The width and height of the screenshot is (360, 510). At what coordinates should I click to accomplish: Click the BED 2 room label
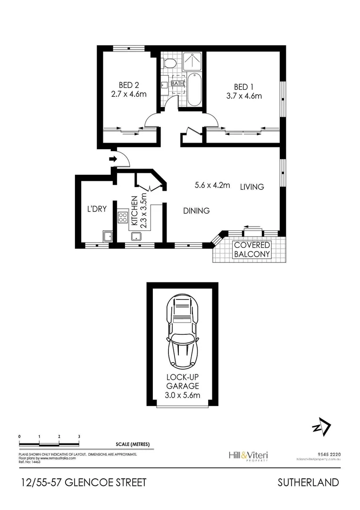pos(129,85)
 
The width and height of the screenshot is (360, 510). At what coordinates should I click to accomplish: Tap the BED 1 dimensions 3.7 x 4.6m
pos(244,96)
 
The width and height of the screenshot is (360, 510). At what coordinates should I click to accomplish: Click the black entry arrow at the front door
pos(113,159)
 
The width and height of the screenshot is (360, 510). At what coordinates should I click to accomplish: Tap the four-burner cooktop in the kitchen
pos(123,217)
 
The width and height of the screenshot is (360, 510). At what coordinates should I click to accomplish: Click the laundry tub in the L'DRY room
pos(108,236)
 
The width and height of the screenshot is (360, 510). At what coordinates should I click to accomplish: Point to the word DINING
pos(196,211)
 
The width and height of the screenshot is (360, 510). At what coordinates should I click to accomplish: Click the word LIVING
pos(251,187)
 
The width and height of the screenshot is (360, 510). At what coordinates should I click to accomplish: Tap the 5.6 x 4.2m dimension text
pos(212,185)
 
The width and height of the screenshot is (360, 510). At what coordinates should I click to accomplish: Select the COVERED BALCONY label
pos(252,249)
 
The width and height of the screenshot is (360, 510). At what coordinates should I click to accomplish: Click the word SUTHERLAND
pos(308,482)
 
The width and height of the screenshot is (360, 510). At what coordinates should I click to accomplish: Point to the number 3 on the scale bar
pos(79,436)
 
